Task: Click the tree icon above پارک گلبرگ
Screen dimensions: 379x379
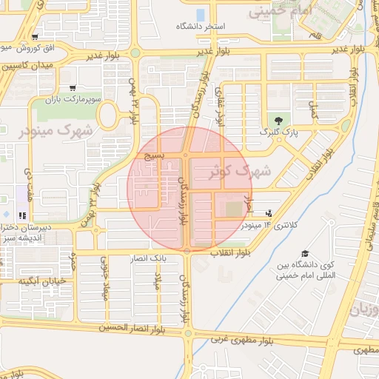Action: (278, 120)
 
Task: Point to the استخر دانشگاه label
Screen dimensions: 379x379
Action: (209, 26)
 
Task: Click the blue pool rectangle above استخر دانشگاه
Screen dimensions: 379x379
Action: (201, 14)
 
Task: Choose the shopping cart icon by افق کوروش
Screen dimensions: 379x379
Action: (36, 37)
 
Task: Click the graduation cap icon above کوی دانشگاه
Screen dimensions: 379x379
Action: (304, 254)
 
